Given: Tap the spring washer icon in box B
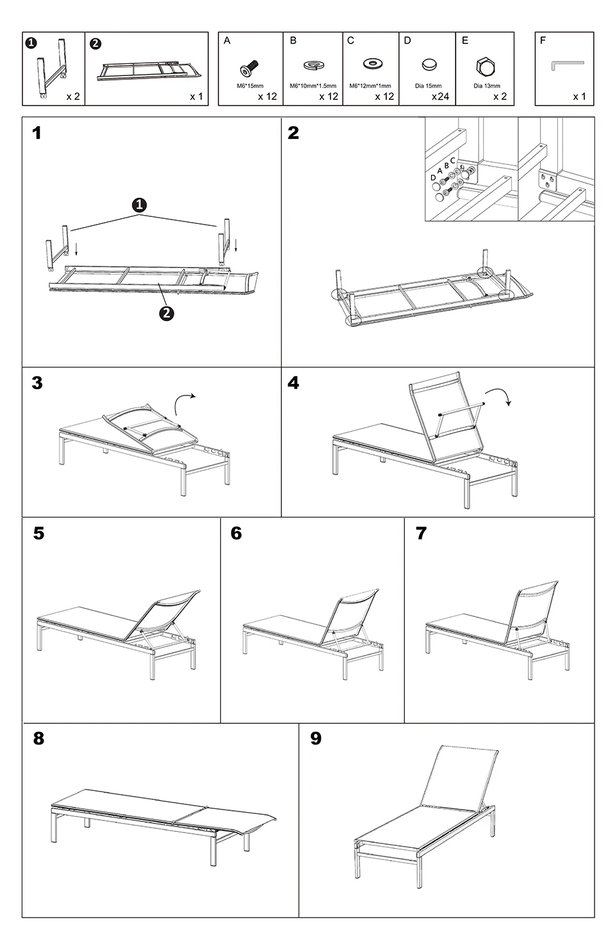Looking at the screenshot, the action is click(313, 65).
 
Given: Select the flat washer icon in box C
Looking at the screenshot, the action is click(373, 64).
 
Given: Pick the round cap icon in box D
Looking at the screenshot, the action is click(429, 65).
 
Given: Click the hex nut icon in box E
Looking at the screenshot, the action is click(486, 67).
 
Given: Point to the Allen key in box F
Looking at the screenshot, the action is click(567, 65).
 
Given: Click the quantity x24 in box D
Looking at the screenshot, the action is click(440, 96).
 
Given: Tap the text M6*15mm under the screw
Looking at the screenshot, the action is click(250, 86).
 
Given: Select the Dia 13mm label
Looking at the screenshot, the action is click(487, 86).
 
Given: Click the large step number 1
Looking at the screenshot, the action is click(37, 133).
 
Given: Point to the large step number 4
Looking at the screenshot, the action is click(293, 383).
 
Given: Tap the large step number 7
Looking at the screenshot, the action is click(422, 533).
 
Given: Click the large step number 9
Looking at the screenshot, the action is click(316, 738).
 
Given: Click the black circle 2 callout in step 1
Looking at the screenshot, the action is click(167, 314).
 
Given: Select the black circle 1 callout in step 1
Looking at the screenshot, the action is click(139, 205).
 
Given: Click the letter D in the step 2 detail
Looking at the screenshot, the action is click(432, 178).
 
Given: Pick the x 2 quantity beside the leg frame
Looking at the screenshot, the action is click(73, 96).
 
